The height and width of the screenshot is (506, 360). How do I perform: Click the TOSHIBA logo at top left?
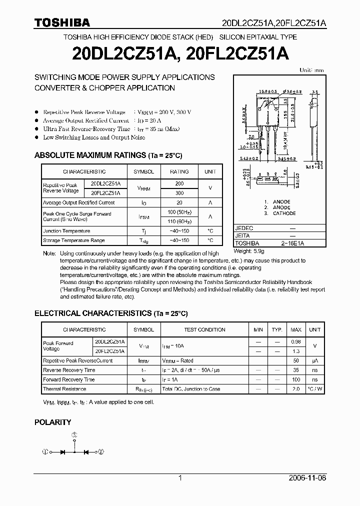(62, 22)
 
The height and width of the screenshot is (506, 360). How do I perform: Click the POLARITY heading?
(52, 422)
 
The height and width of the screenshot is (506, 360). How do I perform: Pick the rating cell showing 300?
(179, 192)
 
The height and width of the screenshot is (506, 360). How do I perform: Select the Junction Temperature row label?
(66, 231)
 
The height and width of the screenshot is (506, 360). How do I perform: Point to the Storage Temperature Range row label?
(73, 240)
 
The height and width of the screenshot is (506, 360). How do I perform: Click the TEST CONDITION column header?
(204, 329)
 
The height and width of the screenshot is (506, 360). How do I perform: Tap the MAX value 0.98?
(296, 341)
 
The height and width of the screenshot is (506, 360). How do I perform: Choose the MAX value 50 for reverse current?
(296, 360)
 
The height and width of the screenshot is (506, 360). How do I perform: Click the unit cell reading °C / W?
(314, 389)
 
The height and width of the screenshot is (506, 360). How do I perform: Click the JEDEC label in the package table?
(244, 228)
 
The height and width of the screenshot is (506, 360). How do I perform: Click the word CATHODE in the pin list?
(284, 213)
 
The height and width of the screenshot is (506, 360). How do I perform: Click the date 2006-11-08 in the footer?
(307, 478)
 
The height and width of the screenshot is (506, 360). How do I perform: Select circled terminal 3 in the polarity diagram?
(74, 435)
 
